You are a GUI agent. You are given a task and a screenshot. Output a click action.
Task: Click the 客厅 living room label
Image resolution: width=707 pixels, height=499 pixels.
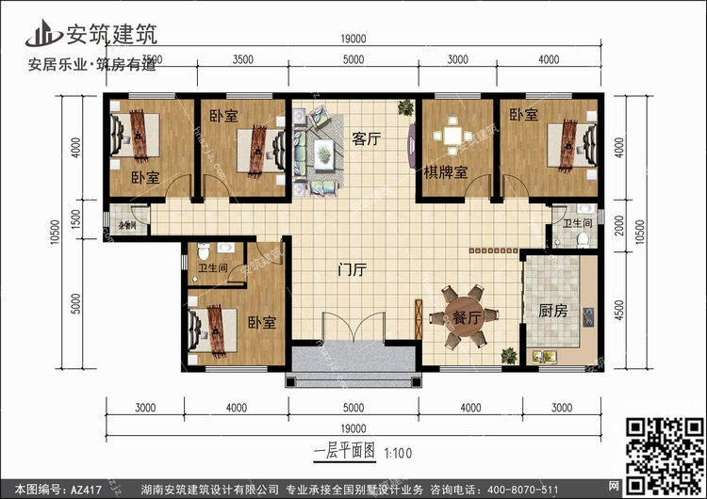click(x=366, y=138)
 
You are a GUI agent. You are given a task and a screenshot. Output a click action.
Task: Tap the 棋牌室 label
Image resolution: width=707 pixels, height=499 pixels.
click(x=447, y=174)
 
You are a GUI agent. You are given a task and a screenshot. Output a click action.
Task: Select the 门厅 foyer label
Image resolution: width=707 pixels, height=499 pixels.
click(x=351, y=270)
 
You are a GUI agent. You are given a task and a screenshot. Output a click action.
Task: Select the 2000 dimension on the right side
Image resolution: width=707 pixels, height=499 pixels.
click(x=618, y=225)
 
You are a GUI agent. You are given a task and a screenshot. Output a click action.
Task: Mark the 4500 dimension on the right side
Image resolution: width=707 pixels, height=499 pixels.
click(x=618, y=308)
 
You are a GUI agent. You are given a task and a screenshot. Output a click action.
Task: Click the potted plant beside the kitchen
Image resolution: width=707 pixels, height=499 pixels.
click(x=509, y=356)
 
